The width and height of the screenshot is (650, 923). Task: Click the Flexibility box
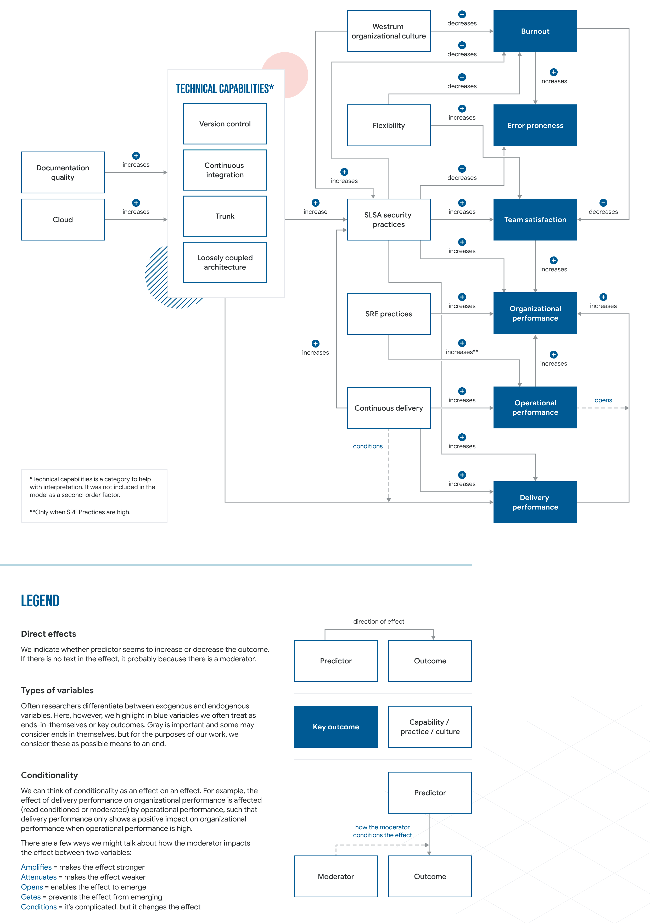point(388,125)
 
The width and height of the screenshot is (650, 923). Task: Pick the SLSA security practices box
point(388,220)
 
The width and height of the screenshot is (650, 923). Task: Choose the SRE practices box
point(388,314)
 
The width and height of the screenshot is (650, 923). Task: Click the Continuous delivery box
point(388,408)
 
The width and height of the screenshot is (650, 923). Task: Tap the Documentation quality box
point(63,172)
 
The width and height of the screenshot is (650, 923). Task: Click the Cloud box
point(63,220)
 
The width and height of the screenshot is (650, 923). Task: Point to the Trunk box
point(225,216)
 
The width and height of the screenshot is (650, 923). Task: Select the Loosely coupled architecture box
point(225,262)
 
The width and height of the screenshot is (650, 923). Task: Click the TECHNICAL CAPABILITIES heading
point(225,89)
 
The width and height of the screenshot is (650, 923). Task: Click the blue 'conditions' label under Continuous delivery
point(367,446)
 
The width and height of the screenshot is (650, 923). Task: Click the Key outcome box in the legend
point(336,727)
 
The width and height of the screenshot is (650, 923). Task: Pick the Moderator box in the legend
point(336,876)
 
